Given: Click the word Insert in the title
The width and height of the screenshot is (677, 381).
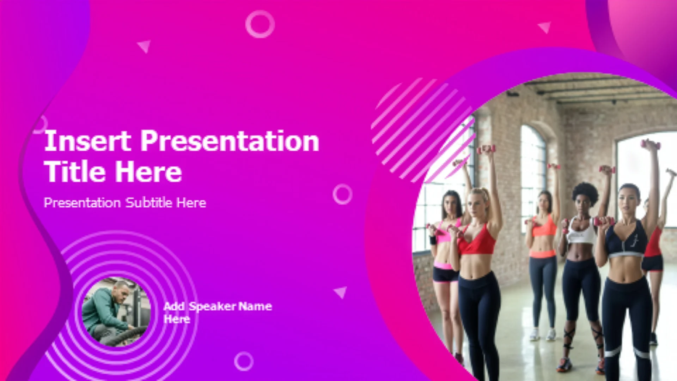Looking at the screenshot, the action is (x=88, y=141).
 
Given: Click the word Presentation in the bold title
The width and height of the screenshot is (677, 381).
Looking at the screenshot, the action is (x=230, y=141).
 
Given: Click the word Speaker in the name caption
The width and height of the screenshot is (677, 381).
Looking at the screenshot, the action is (x=212, y=306).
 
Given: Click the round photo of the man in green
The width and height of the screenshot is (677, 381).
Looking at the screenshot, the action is (x=116, y=312).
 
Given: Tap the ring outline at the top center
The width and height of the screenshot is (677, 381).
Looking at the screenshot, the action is (x=260, y=11).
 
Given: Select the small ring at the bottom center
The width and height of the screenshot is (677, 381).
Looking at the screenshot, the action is (x=244, y=352).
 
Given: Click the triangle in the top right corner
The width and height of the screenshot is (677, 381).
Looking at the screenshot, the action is (x=545, y=27).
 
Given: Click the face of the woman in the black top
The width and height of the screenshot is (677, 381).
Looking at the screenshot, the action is (x=630, y=200).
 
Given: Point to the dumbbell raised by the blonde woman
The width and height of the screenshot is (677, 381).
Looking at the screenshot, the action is (x=486, y=149).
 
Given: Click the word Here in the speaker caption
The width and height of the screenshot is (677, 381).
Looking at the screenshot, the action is (x=177, y=319).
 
